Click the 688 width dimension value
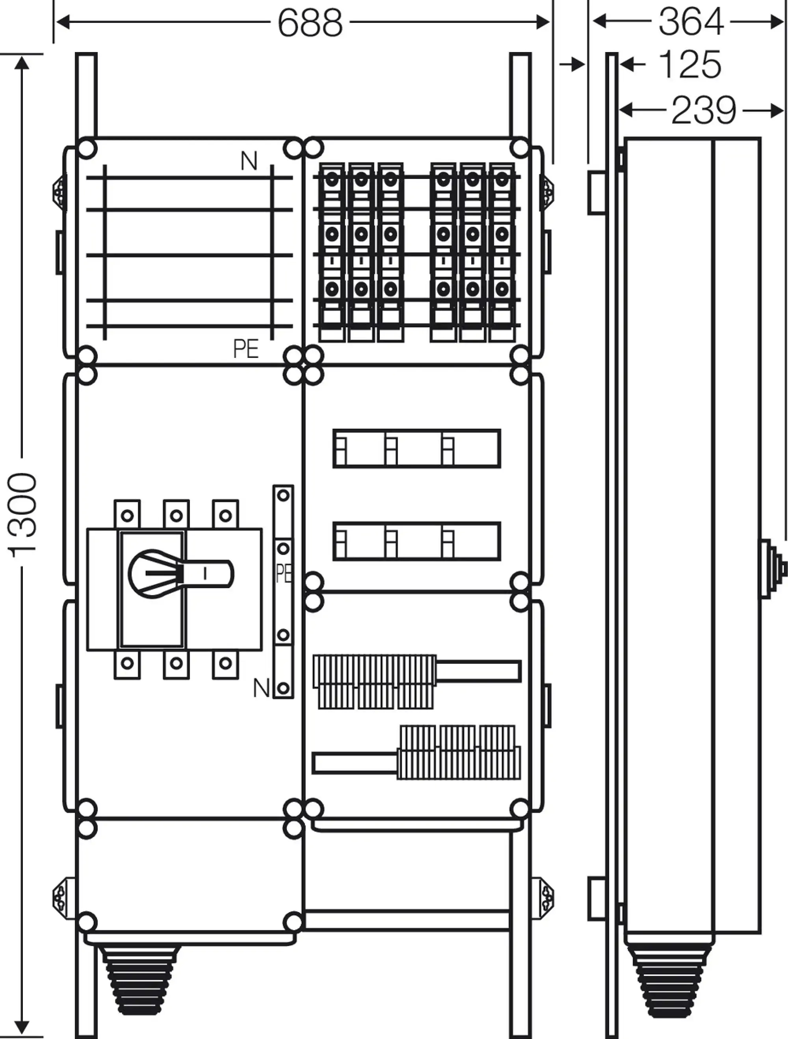point(310,22)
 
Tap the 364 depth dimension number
point(690,22)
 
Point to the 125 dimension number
point(689,64)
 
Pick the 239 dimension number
point(703,110)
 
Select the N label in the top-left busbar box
point(249,161)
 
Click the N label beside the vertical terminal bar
point(261,688)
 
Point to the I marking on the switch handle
point(205,573)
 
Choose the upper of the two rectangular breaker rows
point(416,448)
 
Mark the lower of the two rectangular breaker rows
point(416,541)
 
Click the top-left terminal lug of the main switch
point(127,515)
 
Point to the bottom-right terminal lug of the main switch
point(225,664)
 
